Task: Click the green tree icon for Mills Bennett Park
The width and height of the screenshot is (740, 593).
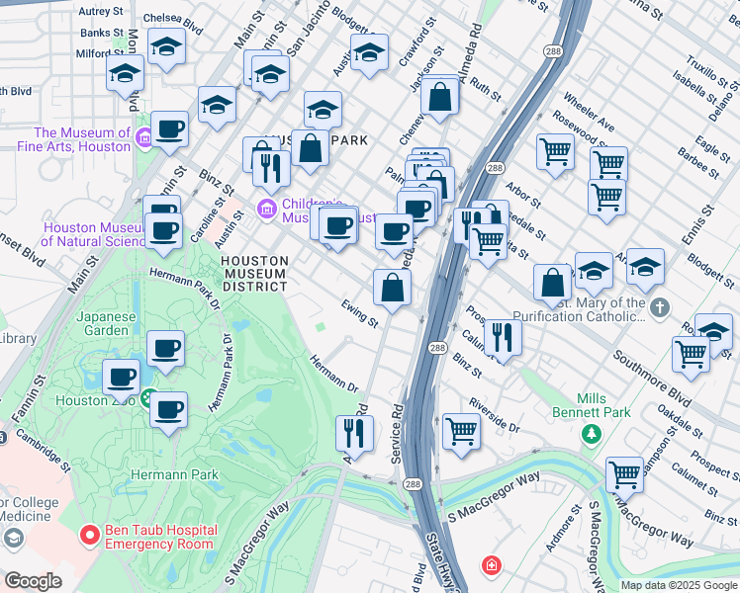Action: tap(592, 433)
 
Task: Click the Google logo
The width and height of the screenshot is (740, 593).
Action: tap(32, 582)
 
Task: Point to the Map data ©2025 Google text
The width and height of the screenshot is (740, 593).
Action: tap(678, 585)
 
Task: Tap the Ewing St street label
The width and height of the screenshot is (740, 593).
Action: tap(359, 313)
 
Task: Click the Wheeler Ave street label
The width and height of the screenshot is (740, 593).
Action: tap(589, 113)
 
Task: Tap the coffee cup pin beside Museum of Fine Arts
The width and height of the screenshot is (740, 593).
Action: tap(169, 129)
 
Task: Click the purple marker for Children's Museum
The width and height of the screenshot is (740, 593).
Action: tap(265, 210)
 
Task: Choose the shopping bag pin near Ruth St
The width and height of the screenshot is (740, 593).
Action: tap(440, 97)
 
